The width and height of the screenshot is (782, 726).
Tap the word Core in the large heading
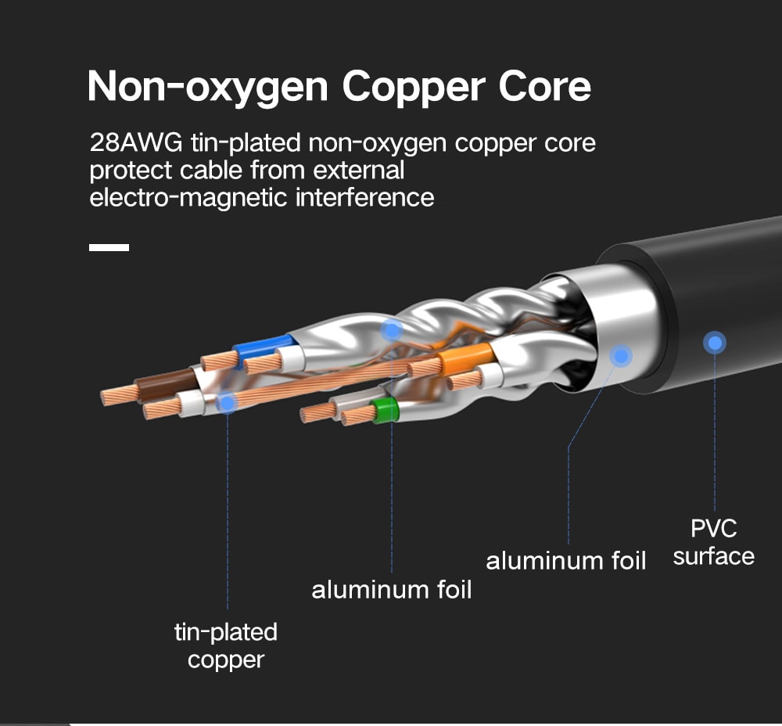click(545, 86)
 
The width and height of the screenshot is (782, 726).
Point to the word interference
click(364, 196)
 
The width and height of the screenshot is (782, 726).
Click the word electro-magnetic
click(188, 196)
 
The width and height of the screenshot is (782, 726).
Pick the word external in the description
click(361, 170)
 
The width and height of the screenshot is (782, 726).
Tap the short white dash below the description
click(109, 247)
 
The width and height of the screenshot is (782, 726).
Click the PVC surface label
click(713, 542)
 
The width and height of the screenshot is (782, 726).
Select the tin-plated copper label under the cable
click(226, 645)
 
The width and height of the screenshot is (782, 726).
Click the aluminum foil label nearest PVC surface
click(566, 561)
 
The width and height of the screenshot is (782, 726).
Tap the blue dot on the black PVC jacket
click(714, 343)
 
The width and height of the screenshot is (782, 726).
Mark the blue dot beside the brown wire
click(227, 403)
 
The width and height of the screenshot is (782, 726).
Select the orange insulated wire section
click(465, 359)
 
